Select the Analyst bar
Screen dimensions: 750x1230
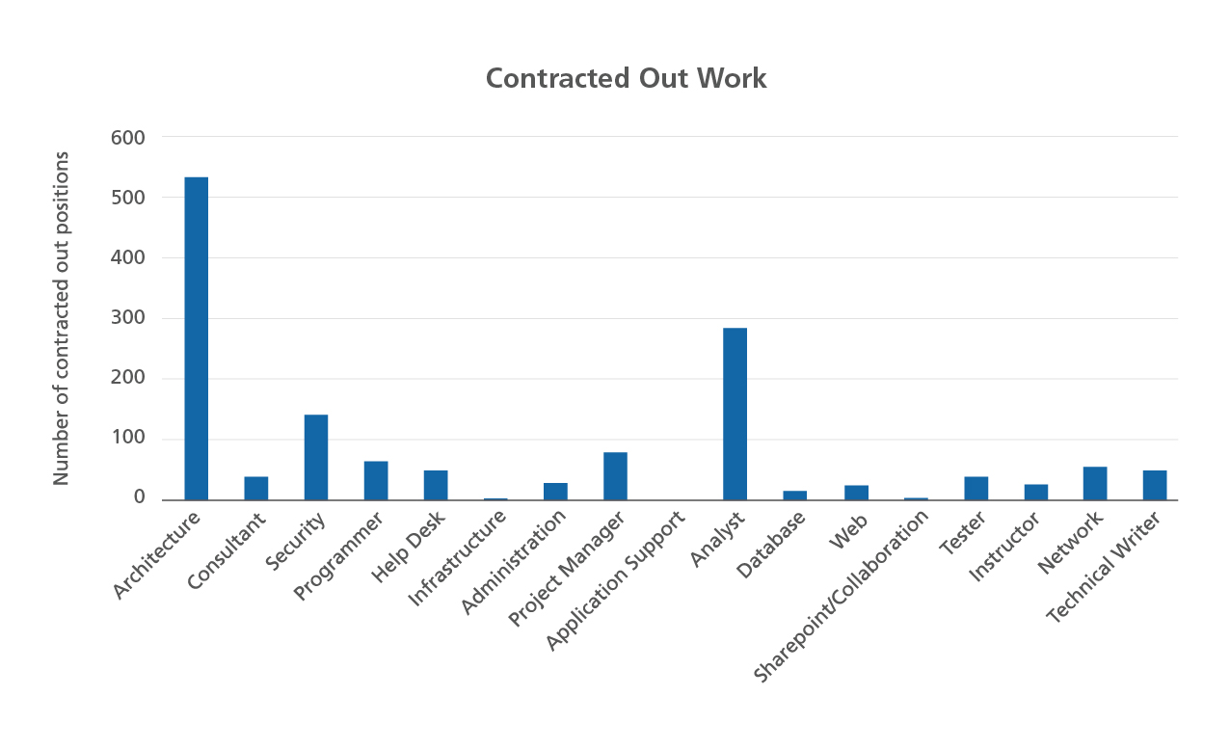[x=735, y=414]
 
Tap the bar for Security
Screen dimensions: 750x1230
[x=316, y=457]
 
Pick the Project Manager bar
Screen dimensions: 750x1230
[x=615, y=475]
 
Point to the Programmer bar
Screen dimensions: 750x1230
[x=376, y=480]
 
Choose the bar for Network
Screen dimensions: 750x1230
[x=1094, y=483]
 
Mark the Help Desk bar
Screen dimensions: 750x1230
[x=436, y=485]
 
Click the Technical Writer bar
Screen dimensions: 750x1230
[x=1154, y=485]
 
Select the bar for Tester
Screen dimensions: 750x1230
[x=976, y=488]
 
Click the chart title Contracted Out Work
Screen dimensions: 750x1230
[x=626, y=78]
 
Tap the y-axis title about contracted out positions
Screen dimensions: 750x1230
[x=62, y=318]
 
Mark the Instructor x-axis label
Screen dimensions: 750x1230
[x=1005, y=546]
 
